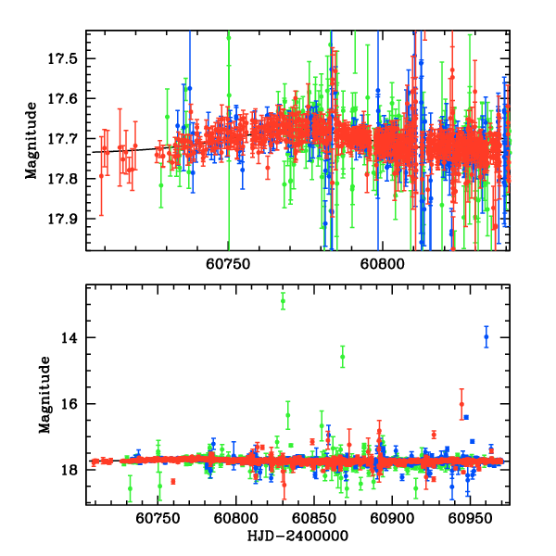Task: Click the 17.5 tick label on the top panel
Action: point(68,58)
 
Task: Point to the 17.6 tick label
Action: point(68,98)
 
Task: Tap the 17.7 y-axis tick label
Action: point(68,138)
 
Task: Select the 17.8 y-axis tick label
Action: point(68,178)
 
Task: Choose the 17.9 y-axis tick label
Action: point(68,218)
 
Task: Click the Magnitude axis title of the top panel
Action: point(32,140)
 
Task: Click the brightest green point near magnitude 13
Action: point(283,298)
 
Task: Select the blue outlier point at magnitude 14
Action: point(486,337)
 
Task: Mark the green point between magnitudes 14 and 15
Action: point(343,357)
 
